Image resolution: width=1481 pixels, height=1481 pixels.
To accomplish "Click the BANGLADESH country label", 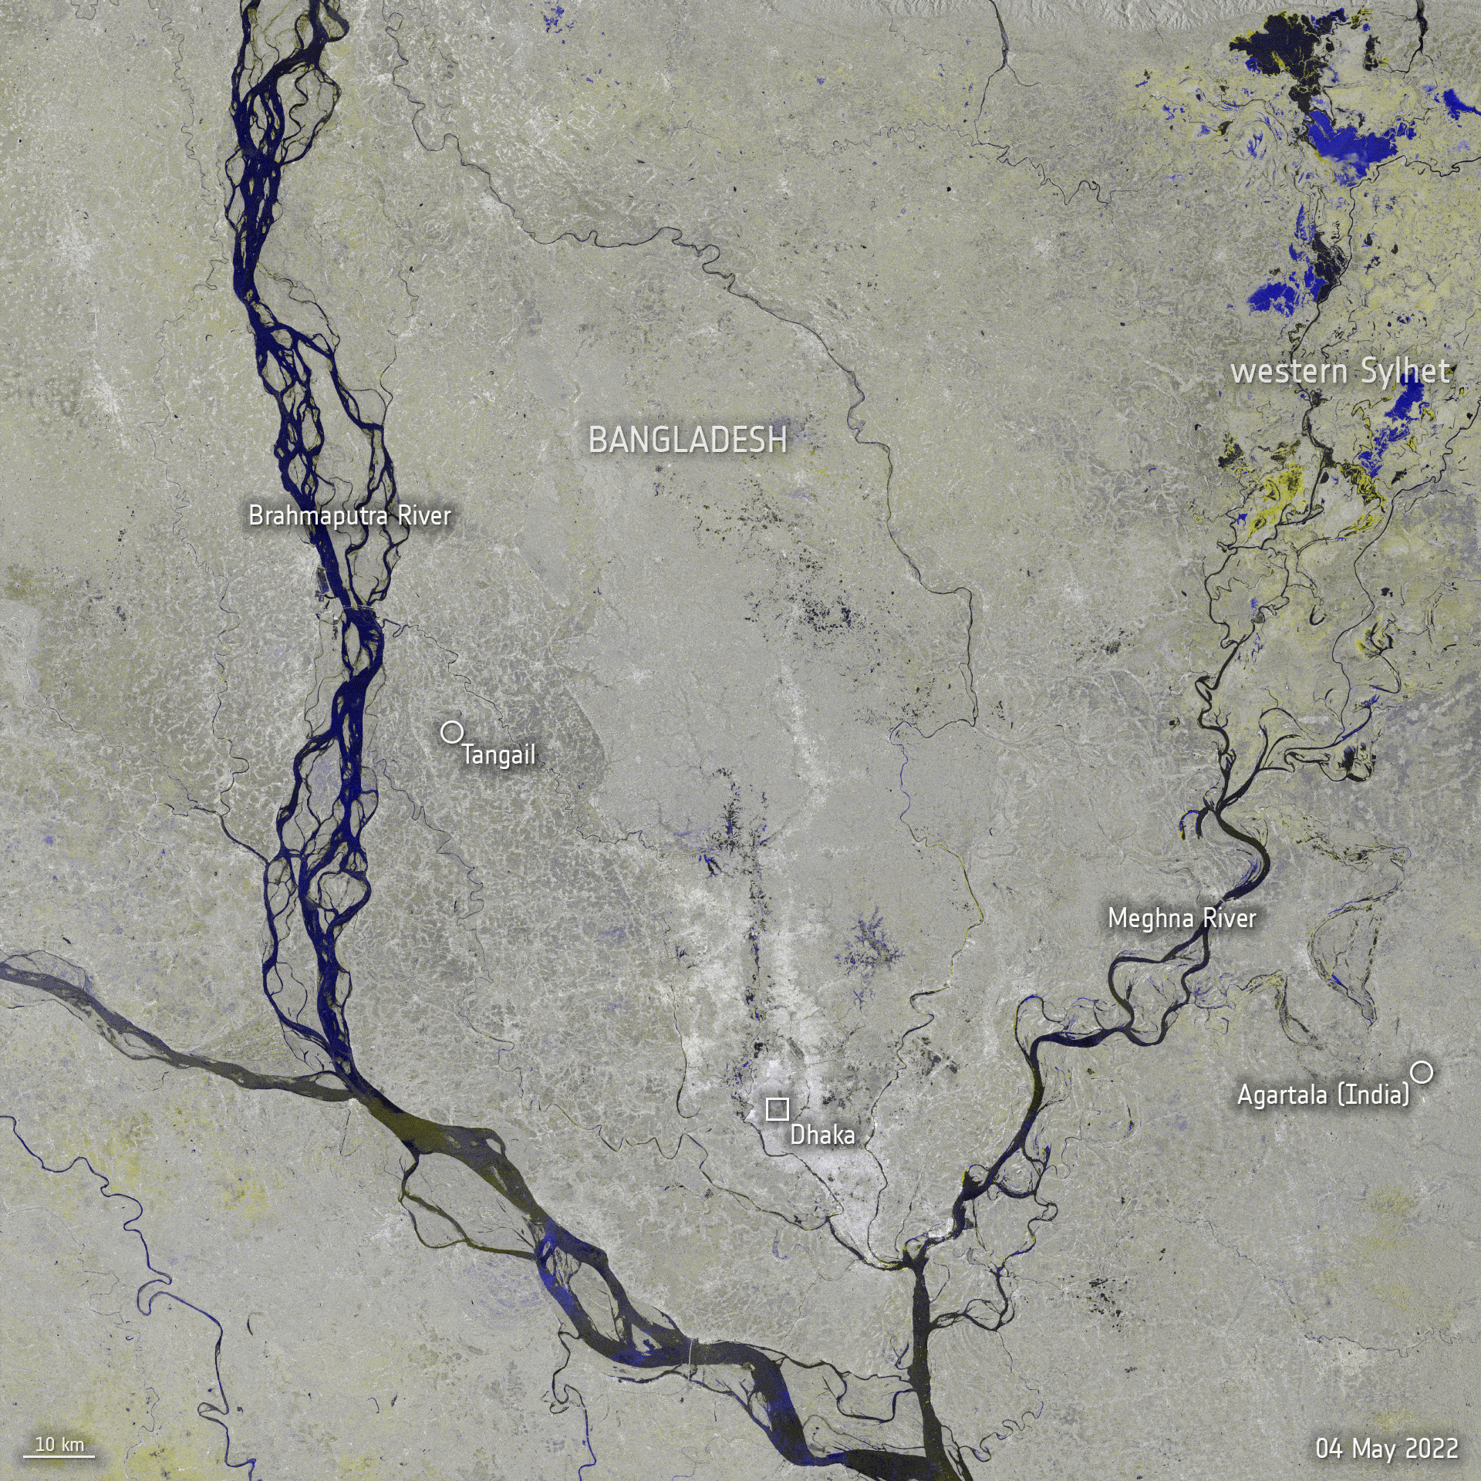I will click(687, 440).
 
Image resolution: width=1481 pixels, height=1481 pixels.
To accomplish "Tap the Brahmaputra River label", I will click(349, 515).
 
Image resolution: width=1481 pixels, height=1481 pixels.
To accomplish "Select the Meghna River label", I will click(1182, 919).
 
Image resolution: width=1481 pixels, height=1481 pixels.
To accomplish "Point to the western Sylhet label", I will click(1341, 373).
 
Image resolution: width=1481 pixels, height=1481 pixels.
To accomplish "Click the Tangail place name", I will click(498, 755).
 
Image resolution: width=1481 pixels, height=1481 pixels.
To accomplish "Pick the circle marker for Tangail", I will click(450, 731).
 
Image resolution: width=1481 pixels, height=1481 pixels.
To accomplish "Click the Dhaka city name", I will click(822, 1135).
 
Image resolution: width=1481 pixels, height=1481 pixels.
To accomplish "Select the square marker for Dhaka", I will click(777, 1108).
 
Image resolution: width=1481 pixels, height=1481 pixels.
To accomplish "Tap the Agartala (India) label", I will click(1323, 1095).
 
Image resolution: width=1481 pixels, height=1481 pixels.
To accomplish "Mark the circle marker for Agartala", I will click(1422, 1071).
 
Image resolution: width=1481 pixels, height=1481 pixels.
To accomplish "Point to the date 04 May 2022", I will click(1387, 1448).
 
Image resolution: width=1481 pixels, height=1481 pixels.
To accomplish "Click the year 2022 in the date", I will click(1431, 1448).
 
